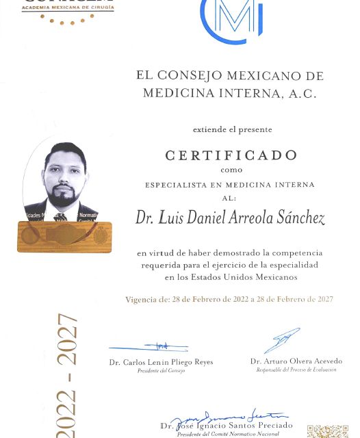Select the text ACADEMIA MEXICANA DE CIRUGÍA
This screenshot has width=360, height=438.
pos(68,8)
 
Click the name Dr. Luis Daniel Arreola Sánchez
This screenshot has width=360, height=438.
pos(229,218)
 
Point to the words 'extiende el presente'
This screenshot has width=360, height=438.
pos(232,129)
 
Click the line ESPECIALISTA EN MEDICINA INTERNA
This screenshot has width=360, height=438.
pos(229,185)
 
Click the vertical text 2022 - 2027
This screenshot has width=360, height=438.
pos(66,372)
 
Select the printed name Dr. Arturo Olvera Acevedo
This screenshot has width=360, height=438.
pos(296,361)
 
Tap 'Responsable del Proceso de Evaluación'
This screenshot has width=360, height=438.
pos(296,370)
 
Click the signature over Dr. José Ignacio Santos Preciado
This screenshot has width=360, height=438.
pos(226,417)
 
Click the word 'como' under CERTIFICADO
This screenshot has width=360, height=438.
pos(231,170)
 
